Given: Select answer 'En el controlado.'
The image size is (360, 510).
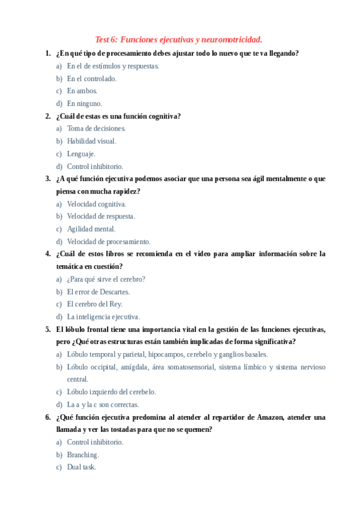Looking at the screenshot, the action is tap(91, 78).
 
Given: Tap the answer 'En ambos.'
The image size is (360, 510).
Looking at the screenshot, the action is tap(82, 91).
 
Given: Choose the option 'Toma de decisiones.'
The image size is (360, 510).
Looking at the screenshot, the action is tap(96, 128).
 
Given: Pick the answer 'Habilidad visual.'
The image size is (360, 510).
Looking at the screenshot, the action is tap(91, 141).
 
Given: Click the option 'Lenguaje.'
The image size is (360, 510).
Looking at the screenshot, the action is tap(81, 153).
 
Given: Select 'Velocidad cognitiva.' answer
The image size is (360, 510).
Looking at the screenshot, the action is tap(96, 204).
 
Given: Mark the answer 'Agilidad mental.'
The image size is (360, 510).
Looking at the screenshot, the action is tap(91, 229).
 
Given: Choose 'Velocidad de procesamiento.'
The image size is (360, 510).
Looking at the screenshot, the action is tap(108, 241).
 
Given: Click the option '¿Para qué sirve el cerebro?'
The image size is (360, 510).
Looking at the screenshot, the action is tap(106, 279).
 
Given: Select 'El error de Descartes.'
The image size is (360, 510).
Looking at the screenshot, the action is tap(98, 292).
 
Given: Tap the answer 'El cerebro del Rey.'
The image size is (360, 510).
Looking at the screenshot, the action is tap(94, 304).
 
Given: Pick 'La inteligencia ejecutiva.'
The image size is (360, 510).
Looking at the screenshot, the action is tap(103, 316).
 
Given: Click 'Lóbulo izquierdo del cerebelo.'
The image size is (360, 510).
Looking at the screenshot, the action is tap(111, 392).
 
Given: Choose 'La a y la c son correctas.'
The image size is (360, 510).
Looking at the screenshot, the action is tap(103, 404).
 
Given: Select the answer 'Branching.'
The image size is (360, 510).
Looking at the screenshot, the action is tap(82, 454).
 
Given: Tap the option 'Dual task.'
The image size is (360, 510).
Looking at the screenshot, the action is tap(81, 467).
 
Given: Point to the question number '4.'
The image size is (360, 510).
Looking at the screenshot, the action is tap(48, 254).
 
